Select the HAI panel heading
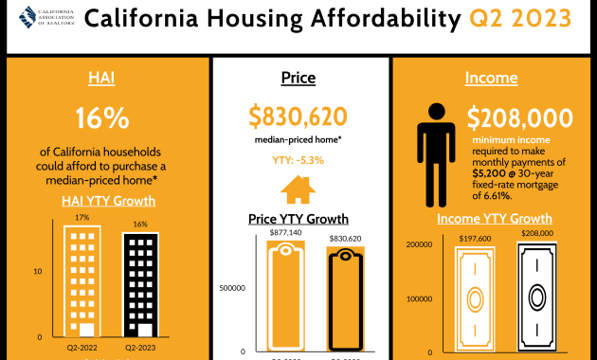click(101, 78)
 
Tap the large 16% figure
click(101, 118)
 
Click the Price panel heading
click(298, 78)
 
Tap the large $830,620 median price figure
click(298, 116)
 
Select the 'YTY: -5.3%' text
click(298, 160)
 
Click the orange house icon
click(298, 190)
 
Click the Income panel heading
click(492, 78)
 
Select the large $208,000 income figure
click(519, 118)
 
